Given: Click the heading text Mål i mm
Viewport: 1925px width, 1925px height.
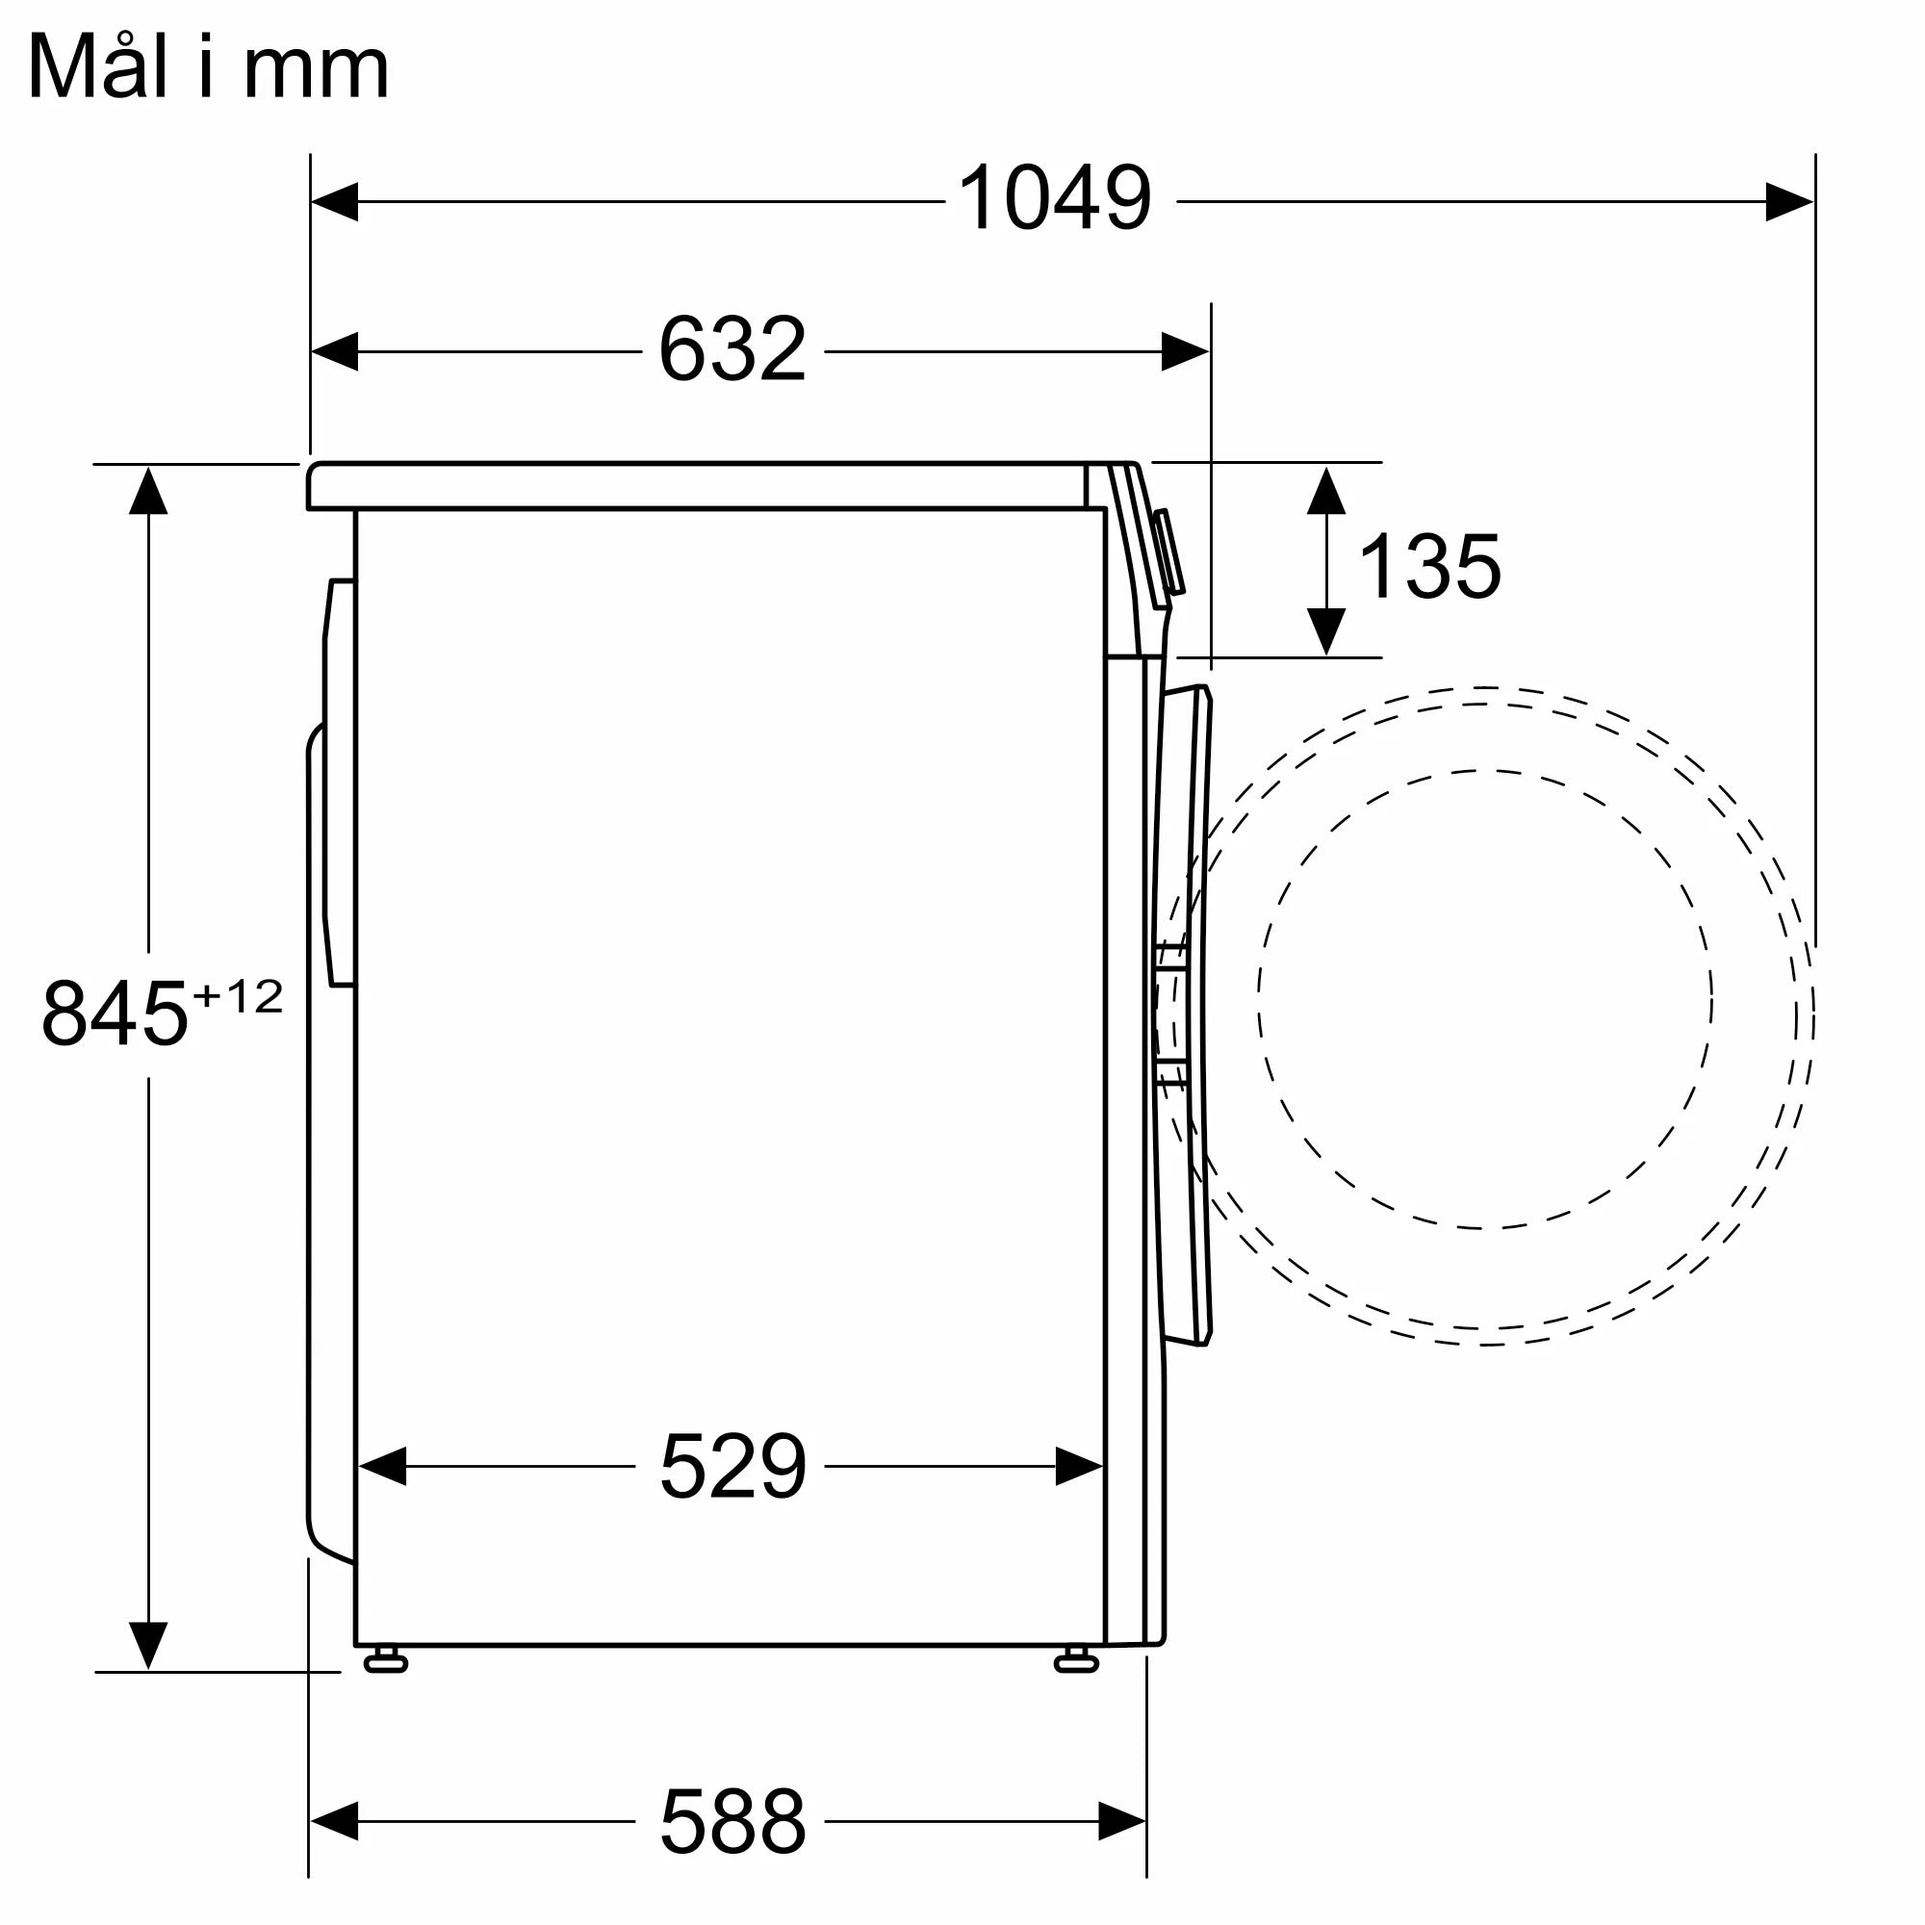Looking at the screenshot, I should (x=207, y=67).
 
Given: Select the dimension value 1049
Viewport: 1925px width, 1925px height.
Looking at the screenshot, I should (x=1054, y=199).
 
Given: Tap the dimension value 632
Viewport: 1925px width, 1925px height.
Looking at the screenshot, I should (x=731, y=349).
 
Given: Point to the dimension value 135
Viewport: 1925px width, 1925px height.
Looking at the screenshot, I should (x=1428, y=567).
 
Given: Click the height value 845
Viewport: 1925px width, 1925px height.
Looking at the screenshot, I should (x=115, y=1014).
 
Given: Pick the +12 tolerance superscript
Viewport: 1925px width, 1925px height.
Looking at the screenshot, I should (x=238, y=995).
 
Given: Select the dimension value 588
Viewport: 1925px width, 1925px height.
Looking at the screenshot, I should (x=731, y=1820).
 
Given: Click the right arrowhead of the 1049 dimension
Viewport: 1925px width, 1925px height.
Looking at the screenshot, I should (x=1788, y=201).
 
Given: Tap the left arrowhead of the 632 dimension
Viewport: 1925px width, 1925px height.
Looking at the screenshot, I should (x=335, y=351).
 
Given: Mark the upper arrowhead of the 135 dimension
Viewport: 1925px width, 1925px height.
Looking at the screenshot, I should (x=1326, y=490).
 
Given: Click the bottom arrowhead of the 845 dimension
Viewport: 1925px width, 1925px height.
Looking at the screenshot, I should (x=147, y=1644).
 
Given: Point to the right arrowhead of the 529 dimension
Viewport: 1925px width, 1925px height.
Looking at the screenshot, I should (x=1079, y=1467).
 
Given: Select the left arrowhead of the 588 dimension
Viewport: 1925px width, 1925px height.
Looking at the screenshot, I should (x=335, y=1821).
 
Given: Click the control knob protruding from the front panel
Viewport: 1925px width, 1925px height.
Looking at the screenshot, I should (x=1168, y=553).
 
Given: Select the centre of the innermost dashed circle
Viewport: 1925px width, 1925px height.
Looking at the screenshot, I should (x=1484, y=999).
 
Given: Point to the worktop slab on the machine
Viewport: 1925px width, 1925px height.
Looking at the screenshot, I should (x=698, y=486).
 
